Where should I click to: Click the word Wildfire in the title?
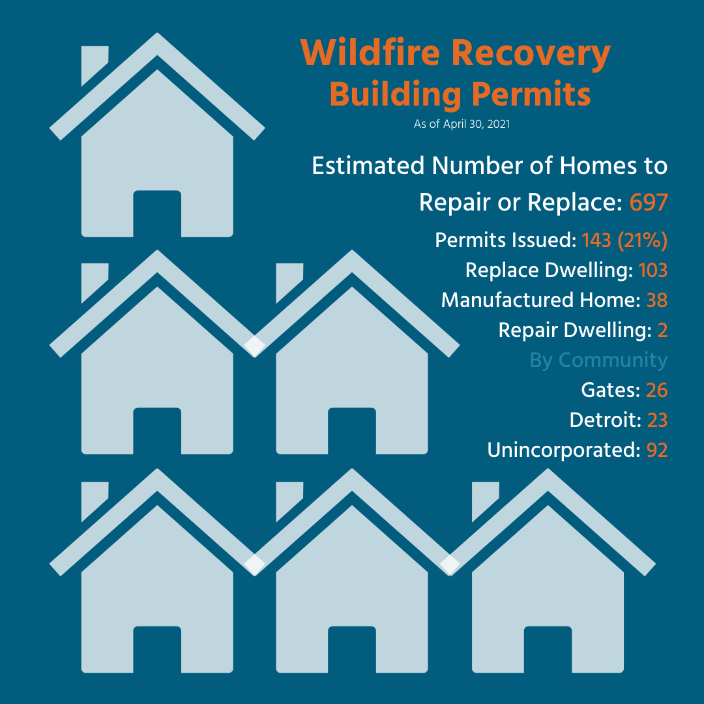[370, 53]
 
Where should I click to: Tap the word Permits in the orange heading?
[531, 96]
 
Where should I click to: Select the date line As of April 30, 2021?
[462, 124]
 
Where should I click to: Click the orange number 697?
[649, 202]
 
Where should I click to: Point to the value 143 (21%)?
[625, 240]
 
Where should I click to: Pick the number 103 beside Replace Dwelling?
[653, 271]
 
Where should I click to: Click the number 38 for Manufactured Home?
[657, 301]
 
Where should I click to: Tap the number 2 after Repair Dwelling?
[663, 330]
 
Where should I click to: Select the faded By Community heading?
[598, 360]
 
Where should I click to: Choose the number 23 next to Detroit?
[657, 420]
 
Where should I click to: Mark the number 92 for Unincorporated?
[657, 450]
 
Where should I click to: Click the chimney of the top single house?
[95, 63]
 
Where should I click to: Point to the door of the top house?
[157, 214]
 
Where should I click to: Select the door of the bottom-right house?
[548, 649]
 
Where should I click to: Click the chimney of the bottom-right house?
[485, 499]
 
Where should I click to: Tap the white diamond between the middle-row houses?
[255, 346]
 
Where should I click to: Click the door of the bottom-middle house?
[352, 649]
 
